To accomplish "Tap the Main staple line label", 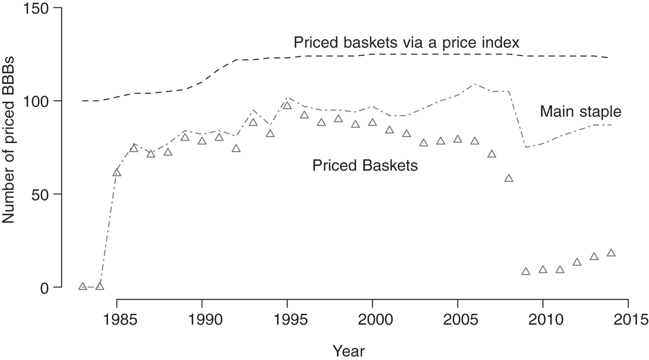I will click(x=580, y=113).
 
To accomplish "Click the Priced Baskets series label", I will click(x=365, y=166).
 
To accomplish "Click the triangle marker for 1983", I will click(x=83, y=286).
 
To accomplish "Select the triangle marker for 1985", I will click(x=117, y=173).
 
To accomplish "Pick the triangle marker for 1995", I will click(x=288, y=105).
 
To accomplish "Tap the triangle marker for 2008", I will click(x=509, y=178).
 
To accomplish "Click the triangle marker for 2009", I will click(x=526, y=271).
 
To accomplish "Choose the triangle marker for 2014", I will click(x=611, y=253).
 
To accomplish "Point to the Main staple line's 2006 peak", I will click(x=475, y=84).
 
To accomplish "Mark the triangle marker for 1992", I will click(x=236, y=148).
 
